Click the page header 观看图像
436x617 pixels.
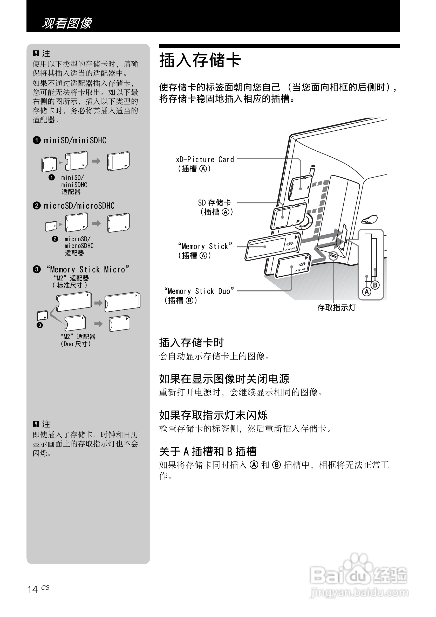coord(67,23)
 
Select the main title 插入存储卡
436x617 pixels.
coord(200,60)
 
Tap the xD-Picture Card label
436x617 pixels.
coord(205,160)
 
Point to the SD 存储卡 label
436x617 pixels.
coord(214,203)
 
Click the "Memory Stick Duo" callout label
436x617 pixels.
coord(199,291)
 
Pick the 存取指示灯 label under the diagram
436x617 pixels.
coord(336,308)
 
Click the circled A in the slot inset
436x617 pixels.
coord(366,292)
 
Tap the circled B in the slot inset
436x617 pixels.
coord(375,285)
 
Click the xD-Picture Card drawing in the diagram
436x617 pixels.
coord(301,187)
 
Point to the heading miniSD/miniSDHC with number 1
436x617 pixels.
coord(70,141)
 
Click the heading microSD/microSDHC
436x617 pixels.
coord(74,206)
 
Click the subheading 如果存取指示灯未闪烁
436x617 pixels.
coord(213,415)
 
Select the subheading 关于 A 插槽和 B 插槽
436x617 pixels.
coord(208,451)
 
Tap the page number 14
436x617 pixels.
coord(32,589)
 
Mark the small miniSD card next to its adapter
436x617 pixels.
coord(49,164)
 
